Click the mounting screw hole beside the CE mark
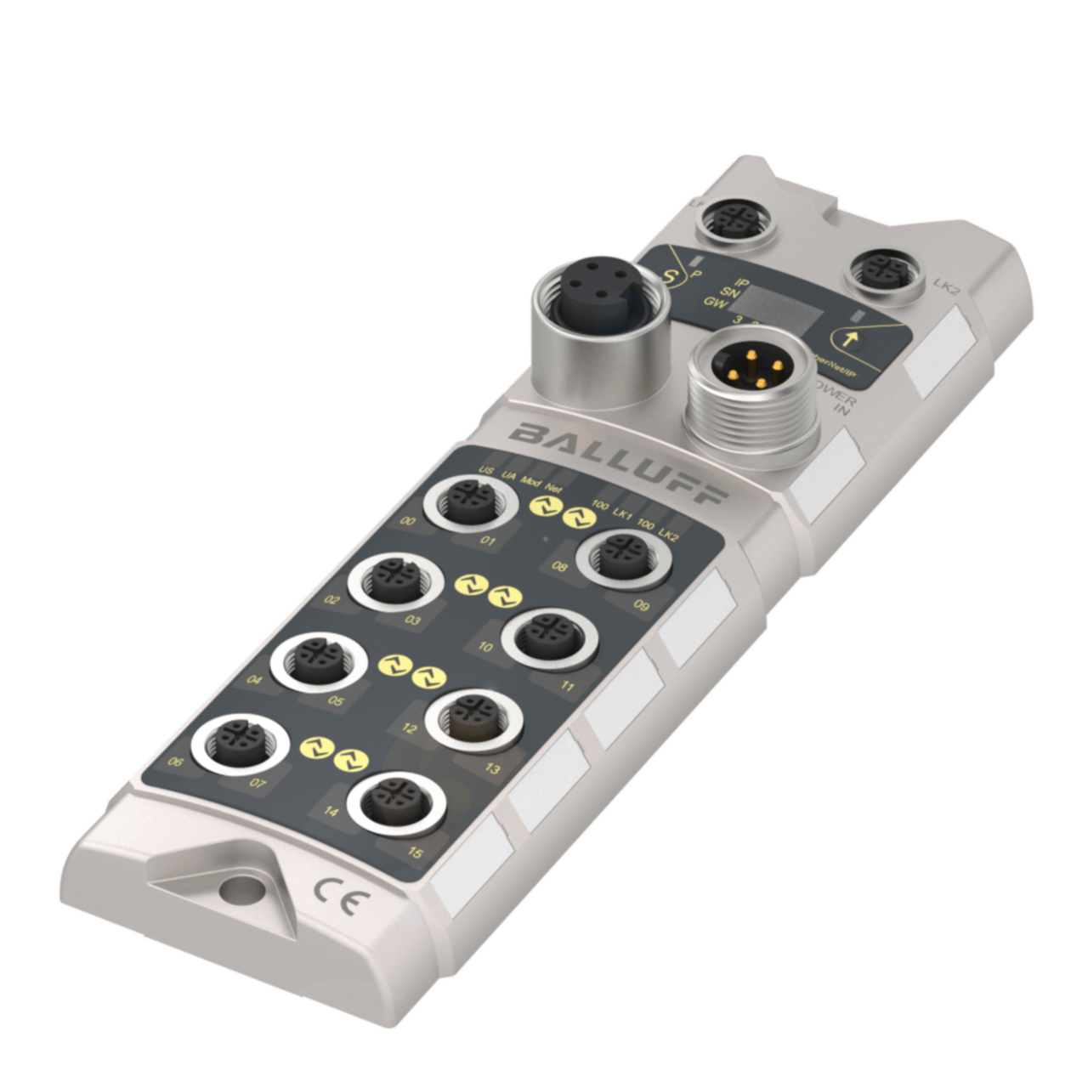tap(231, 891)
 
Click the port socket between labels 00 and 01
tap(470, 503)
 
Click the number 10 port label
tap(485, 647)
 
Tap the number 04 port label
tap(254, 680)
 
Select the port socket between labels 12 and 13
tap(473, 719)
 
